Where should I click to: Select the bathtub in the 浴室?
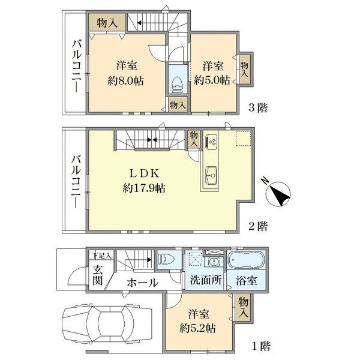(x=246, y=260)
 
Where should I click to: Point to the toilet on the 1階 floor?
(x=166, y=259)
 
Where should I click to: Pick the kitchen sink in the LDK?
(x=211, y=175)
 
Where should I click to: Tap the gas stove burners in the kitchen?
(x=212, y=141)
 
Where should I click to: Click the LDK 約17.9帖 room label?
(x=144, y=181)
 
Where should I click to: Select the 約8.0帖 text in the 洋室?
(x=126, y=81)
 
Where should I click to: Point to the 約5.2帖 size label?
(x=197, y=329)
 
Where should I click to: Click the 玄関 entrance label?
(x=98, y=275)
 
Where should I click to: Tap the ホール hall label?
(x=143, y=283)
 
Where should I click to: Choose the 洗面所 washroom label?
(x=206, y=280)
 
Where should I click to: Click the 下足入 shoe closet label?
(x=102, y=256)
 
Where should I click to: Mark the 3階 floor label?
(x=258, y=107)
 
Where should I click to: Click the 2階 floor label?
(x=258, y=226)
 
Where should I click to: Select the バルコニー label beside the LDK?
(x=76, y=181)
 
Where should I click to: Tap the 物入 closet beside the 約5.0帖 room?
(x=244, y=70)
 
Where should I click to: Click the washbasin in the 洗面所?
(x=214, y=262)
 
